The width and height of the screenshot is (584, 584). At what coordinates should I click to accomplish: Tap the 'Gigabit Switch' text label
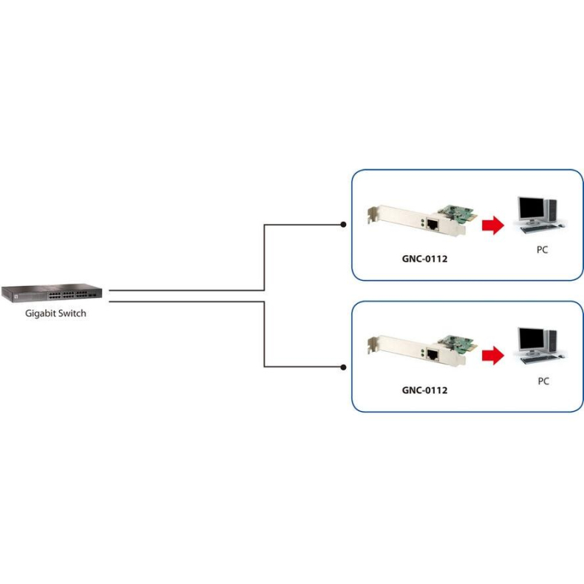pyautogui.click(x=55, y=313)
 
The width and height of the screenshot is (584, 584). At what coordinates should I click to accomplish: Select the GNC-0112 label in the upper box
pyautogui.click(x=425, y=259)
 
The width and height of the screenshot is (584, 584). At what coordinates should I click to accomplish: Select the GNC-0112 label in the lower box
pyautogui.click(x=425, y=390)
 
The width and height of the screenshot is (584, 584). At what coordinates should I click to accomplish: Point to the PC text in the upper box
pyautogui.click(x=543, y=251)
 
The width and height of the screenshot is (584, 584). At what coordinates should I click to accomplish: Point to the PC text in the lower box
pyautogui.click(x=543, y=381)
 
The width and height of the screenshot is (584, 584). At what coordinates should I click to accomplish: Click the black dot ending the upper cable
pyautogui.click(x=343, y=224)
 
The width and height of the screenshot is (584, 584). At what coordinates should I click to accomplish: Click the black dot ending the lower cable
pyautogui.click(x=343, y=367)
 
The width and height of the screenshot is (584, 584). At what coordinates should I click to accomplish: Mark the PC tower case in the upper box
pyautogui.click(x=551, y=212)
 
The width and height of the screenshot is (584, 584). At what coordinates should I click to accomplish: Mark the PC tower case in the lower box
pyautogui.click(x=551, y=343)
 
